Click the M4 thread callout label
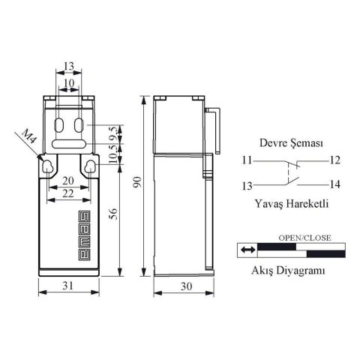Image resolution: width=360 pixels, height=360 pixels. tap(29, 137)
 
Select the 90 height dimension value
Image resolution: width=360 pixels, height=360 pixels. tap(137, 181)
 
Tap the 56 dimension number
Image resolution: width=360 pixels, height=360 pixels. tap(113, 214)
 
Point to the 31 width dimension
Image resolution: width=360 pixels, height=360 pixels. tap(68, 286)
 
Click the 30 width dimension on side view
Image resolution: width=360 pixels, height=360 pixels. tap(186, 286)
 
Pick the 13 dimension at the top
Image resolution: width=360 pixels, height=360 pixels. tap(69, 66)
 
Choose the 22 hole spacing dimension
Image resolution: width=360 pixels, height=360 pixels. tap(68, 193)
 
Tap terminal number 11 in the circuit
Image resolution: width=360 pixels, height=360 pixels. tap(247, 160)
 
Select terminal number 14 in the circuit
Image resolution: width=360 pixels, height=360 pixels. tap(334, 184)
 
